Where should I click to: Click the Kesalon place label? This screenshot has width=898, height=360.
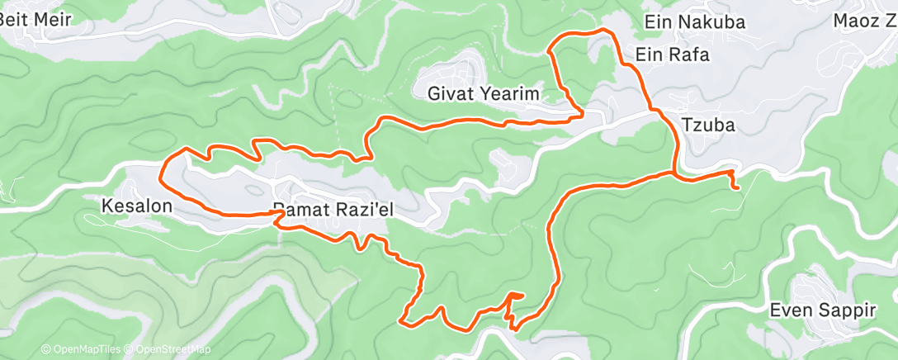coord(138,205)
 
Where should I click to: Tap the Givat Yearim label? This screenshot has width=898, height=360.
coord(483,94)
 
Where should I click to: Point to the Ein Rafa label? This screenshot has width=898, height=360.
coord(672,54)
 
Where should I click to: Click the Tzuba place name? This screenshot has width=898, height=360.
coord(708,126)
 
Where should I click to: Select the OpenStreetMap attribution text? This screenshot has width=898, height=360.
coord(169,349)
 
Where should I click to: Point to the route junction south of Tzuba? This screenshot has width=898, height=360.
coord(676,174)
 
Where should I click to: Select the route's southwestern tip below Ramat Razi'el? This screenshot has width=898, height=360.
coord(401,320)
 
